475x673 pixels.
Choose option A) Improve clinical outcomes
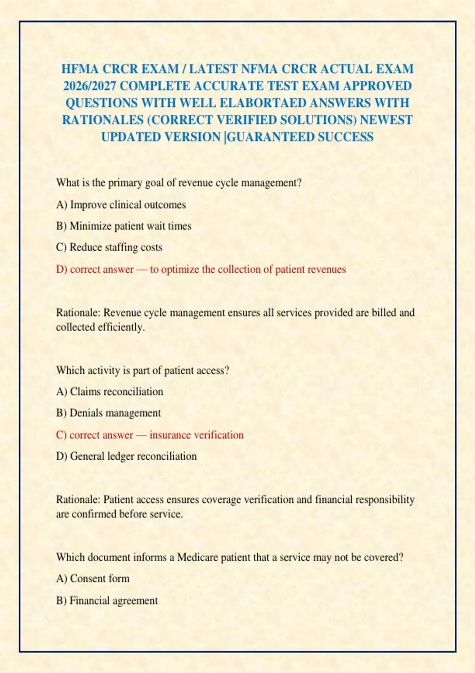click(121, 205)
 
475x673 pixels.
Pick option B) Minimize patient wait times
click(123, 226)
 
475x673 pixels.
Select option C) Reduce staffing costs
click(109, 247)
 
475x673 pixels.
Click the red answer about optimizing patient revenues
click(201, 270)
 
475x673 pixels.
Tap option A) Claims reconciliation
click(110, 392)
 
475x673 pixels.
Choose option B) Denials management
click(108, 413)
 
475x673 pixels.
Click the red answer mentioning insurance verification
click(150, 435)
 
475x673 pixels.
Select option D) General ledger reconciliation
click(126, 456)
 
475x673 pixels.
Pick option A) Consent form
click(93, 578)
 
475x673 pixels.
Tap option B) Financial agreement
click(107, 601)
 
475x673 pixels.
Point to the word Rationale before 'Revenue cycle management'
click(78, 313)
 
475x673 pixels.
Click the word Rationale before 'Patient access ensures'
click(78, 500)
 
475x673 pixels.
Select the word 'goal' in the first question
click(155, 183)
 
